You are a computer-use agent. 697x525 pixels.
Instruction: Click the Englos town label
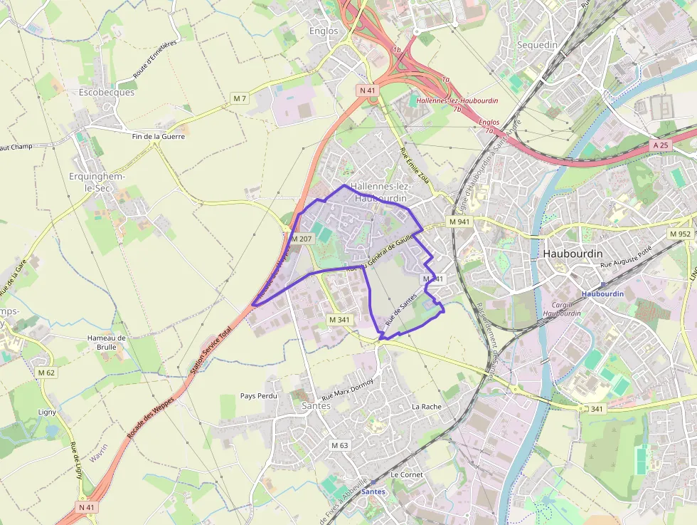coord(324,31)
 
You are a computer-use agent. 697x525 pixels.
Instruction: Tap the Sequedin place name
coord(537,44)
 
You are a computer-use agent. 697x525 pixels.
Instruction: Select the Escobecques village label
coord(107,93)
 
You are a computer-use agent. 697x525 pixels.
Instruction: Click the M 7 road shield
coord(240,98)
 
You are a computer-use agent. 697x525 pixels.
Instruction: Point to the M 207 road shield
coord(302,239)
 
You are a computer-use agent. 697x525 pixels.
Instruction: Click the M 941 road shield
coord(460,222)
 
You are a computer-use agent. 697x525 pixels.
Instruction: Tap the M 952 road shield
coord(680,234)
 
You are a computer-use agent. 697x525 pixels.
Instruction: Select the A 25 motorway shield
coord(661,145)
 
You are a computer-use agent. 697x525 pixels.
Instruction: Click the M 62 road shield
coord(46,373)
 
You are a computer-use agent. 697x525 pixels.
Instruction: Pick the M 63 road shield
coord(340,445)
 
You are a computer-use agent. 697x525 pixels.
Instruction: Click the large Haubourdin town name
coord(573,254)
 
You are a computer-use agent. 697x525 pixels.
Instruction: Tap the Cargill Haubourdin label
coord(562,308)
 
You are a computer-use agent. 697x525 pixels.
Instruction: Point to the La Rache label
coord(427,407)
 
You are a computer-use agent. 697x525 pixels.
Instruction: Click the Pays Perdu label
coord(258,395)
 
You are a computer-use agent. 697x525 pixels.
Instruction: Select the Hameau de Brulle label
coord(106,342)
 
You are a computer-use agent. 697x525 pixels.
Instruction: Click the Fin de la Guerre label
coord(158,135)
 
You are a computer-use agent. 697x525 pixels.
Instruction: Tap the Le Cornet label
coord(407,474)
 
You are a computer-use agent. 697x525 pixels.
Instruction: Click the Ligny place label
coord(47,412)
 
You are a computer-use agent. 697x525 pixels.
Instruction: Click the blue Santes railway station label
coord(373,492)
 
